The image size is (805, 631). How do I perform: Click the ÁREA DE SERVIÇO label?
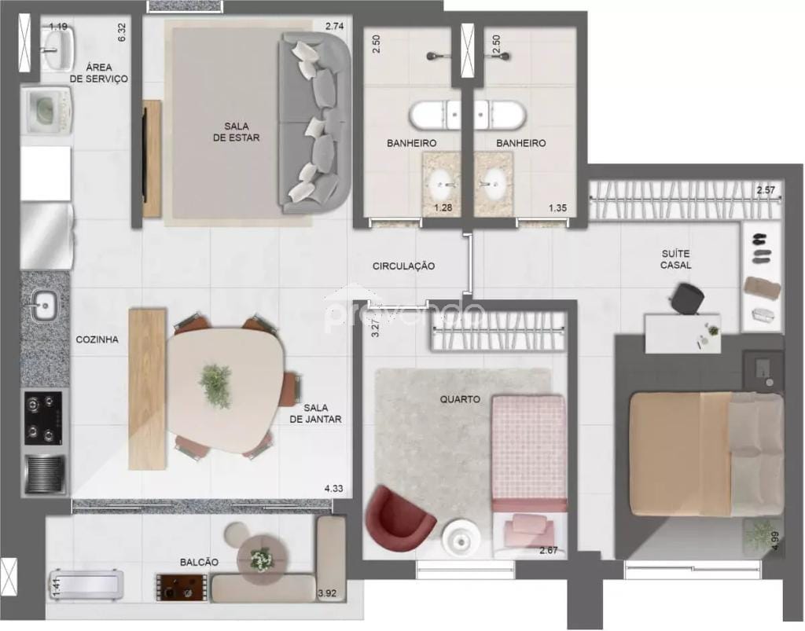97,72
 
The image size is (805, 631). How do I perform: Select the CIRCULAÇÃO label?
403,266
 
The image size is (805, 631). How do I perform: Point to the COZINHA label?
97,340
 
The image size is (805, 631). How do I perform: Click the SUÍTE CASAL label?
675,259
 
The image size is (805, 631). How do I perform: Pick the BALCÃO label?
199,563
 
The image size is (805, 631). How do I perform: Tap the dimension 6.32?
122,31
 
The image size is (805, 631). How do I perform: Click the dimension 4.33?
334,489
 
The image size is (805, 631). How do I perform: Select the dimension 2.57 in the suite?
766,190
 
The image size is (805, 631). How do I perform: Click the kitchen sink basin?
44,304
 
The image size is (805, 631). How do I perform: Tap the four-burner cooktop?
43,418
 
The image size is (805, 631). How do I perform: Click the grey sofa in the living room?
314,123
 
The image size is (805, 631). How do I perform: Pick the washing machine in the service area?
49,109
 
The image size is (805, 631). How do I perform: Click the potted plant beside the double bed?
760,534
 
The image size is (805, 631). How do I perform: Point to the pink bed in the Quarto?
528,453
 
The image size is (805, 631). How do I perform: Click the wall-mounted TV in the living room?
144,157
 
